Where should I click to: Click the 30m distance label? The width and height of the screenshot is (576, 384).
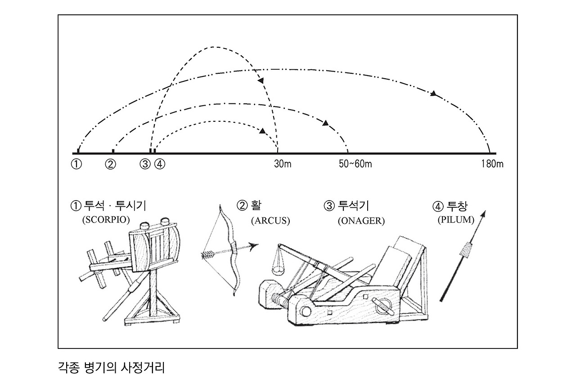[x=283, y=164]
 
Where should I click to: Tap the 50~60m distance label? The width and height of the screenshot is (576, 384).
[x=355, y=164]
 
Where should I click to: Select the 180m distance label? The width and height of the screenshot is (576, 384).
[x=492, y=164]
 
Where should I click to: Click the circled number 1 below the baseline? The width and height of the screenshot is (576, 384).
[x=76, y=164]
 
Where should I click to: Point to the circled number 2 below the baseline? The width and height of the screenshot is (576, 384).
[x=111, y=164]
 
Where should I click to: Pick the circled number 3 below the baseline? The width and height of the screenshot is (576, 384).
[x=145, y=164]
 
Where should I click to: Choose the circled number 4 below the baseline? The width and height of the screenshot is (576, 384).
[x=160, y=164]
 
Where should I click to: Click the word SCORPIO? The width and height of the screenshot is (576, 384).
[x=106, y=220]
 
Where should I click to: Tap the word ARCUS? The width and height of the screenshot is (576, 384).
[x=270, y=221]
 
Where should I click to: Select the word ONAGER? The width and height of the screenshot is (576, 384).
[x=361, y=221]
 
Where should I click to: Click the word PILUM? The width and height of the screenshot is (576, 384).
[x=456, y=220]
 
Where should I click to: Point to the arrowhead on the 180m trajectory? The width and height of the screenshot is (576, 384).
[x=433, y=94]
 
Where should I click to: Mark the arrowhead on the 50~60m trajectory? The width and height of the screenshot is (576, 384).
[x=326, y=123]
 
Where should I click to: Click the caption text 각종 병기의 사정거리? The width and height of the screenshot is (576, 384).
[x=112, y=368]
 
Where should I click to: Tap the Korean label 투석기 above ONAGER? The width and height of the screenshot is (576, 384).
[x=353, y=206]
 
